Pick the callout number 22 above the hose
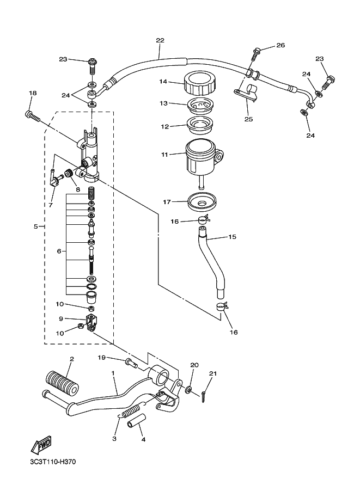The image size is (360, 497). pyautogui.click(x=160, y=41)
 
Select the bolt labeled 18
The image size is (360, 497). pyautogui.click(x=33, y=115)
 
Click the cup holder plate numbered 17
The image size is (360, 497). pyautogui.click(x=201, y=203)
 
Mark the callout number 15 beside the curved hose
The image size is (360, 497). pyautogui.click(x=232, y=237)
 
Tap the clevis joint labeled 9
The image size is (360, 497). pyautogui.click(x=91, y=320)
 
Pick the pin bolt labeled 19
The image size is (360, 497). pyautogui.click(x=130, y=361)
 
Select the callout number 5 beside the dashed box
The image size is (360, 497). pyautogui.click(x=36, y=226)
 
